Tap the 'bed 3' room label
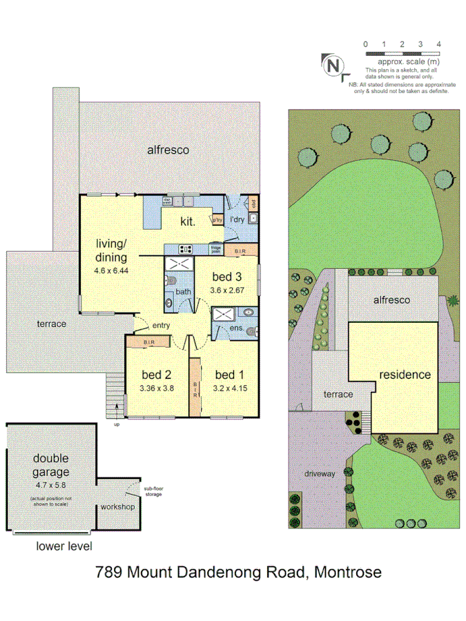click(228, 277)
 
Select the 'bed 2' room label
click(156, 375)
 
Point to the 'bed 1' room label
click(229, 375)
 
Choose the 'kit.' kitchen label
click(188, 221)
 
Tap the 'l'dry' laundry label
click(237, 219)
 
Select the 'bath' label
click(182, 292)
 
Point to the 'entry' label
click(161, 326)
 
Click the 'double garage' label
click(51, 466)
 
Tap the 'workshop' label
click(117, 507)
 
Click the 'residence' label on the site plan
click(405, 375)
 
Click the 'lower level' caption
click(64, 546)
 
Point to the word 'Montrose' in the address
click(348, 572)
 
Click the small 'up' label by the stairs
click(117, 424)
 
